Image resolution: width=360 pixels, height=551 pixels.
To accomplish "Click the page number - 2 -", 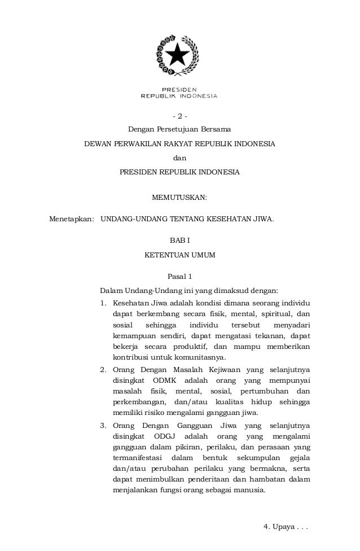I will point(179,117).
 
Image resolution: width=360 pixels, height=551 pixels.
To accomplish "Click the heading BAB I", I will point(179,241).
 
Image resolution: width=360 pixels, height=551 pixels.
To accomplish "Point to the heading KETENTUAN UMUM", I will point(179,255).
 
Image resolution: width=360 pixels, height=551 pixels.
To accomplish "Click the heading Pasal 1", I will point(180,277).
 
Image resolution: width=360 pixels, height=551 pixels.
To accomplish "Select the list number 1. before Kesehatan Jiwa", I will point(103,304).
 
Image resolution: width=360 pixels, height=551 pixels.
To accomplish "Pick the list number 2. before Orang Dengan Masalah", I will point(103,370).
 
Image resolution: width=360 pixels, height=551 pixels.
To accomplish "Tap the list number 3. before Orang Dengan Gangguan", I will point(103,425).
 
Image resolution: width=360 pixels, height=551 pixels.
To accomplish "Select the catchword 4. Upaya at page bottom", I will point(287,527).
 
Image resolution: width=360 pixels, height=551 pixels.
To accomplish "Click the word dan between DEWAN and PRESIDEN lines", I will point(179,158).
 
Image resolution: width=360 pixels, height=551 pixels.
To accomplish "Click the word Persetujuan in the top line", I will point(177,130).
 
